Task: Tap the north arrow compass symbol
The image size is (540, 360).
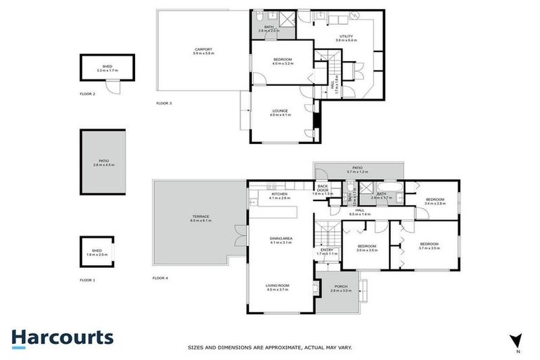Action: [517, 341]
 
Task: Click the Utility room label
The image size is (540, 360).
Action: [346, 36]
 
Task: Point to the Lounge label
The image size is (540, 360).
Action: [280, 110]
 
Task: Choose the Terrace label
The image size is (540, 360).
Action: [200, 217]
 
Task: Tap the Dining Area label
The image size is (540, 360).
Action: [281, 238]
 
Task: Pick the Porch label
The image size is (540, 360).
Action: [341, 285]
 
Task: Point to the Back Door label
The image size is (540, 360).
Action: [323, 188]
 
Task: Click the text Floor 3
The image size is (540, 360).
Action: [164, 103]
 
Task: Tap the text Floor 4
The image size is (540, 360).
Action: [160, 278]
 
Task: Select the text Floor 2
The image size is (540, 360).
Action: [88, 93]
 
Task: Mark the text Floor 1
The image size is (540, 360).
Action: [89, 280]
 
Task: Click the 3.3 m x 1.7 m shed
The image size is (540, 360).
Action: [107, 69]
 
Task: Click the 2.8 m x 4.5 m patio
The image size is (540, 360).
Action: [103, 162]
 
